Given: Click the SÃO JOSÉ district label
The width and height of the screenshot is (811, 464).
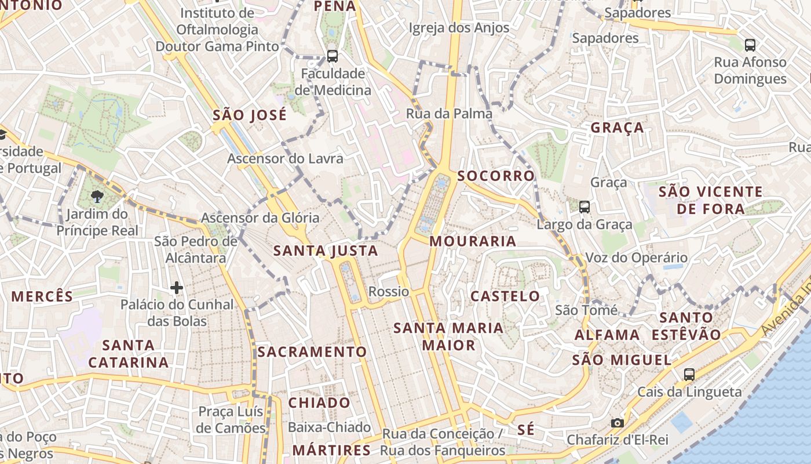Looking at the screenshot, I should coord(250,115).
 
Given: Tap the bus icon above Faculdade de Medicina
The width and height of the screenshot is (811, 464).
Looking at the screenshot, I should coord(332,56).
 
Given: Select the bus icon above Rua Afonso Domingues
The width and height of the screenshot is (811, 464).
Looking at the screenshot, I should coord(750,45).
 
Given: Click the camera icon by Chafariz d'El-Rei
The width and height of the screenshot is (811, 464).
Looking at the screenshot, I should coord(618,423).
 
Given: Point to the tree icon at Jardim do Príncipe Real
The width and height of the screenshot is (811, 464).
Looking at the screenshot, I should coord(97,197).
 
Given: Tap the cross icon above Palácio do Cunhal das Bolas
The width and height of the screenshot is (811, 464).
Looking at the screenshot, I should coord(177,287).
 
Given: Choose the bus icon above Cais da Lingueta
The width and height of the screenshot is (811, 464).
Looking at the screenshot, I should coord(689,375).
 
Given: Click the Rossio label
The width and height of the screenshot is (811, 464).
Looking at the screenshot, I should coord(389,292).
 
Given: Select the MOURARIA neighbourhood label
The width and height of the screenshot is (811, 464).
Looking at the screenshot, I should coord(473,241).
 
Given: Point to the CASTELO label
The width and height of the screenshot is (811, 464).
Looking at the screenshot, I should coord(505,296).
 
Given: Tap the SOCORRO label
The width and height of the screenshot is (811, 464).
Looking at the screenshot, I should coord(496,176).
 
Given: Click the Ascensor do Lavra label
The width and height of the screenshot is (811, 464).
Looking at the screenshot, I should coord(285,158).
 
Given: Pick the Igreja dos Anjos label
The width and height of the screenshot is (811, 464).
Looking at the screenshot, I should coord(459,27).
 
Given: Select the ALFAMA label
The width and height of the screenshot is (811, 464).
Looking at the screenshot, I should coord(607,335).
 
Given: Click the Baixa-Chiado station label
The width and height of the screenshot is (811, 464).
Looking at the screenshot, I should coord(330,427).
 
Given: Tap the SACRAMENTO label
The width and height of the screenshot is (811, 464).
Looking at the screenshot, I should coord(312,352).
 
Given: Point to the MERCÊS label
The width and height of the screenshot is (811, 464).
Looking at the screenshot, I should coord(42,296).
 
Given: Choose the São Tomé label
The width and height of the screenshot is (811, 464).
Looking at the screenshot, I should coord(586,310).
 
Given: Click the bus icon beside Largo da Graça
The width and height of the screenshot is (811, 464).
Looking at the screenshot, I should coord(584,206).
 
